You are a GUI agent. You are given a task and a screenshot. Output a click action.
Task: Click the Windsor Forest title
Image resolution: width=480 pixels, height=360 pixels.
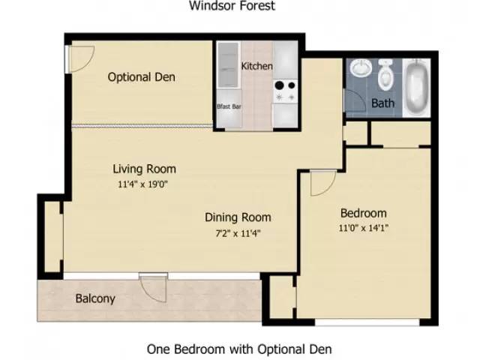pyautogui.click(x=232, y=5)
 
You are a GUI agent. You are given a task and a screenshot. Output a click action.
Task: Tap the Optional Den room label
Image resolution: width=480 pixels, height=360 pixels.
pyautogui.click(x=142, y=76)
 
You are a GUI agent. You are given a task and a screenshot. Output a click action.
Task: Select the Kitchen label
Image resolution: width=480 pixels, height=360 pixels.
pyautogui.click(x=256, y=66)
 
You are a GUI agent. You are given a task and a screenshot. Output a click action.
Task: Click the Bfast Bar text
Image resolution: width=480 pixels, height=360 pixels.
pyautogui.click(x=229, y=106)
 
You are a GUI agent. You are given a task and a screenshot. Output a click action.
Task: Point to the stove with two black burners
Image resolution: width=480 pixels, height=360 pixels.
pyautogui.click(x=285, y=91)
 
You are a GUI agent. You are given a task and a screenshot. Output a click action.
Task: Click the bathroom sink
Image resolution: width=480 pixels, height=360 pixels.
pyautogui.click(x=361, y=68)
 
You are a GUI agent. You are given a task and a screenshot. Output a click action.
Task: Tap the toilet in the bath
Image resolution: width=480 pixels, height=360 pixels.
pyautogui.click(x=385, y=74)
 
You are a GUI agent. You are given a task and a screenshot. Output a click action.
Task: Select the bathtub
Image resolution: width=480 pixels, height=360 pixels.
pyautogui.click(x=416, y=88)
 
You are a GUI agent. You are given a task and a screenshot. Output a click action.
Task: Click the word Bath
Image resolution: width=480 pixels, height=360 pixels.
pyautogui.click(x=382, y=103)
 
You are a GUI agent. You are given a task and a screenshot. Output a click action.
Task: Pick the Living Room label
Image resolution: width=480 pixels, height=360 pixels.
pyautogui.click(x=145, y=169)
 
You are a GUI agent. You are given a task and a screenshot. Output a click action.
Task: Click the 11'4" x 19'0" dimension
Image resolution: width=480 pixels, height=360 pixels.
pyautogui.click(x=143, y=184)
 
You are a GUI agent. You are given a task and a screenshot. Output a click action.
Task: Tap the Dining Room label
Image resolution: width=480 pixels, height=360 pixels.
pyautogui.click(x=238, y=217)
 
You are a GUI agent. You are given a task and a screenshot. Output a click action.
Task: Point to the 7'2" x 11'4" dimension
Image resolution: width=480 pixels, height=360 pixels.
pyautogui.click(x=238, y=233)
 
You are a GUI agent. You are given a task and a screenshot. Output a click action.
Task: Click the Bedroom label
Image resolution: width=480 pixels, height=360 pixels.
pyautogui.click(x=363, y=213)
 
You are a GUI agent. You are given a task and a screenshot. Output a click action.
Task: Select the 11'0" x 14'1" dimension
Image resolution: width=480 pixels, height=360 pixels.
pyautogui.click(x=363, y=228)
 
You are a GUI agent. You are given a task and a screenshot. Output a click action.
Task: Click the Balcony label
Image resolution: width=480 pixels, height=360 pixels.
pyautogui.click(x=95, y=298)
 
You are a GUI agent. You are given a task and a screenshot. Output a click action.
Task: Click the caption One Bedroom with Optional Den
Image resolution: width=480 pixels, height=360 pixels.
pyautogui.click(x=239, y=349)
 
